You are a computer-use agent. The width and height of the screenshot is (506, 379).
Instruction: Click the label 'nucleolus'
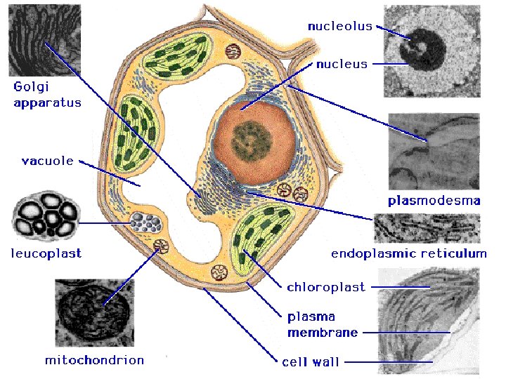(x=339, y=26)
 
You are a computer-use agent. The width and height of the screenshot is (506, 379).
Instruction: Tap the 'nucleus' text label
(x=342, y=64)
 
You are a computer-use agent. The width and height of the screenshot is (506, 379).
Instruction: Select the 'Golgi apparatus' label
(x=47, y=95)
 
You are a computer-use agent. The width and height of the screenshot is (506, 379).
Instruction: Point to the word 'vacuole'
(x=48, y=161)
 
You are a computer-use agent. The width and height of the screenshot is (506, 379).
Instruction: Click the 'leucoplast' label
(x=46, y=253)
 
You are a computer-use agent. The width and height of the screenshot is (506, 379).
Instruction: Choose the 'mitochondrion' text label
(x=94, y=360)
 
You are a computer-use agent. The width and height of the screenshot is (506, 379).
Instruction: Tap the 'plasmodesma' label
(x=434, y=201)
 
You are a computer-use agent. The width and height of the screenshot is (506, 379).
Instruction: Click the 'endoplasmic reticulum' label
(x=408, y=253)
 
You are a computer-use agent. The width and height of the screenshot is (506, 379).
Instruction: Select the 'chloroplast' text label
(x=326, y=287)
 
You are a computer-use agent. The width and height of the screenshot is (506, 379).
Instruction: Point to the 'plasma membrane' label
(x=323, y=324)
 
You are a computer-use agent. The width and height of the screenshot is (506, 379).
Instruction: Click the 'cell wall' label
(x=311, y=362)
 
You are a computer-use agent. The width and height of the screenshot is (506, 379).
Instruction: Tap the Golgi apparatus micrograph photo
(x=44, y=39)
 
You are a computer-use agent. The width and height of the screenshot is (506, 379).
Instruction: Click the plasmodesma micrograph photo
(x=434, y=152)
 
